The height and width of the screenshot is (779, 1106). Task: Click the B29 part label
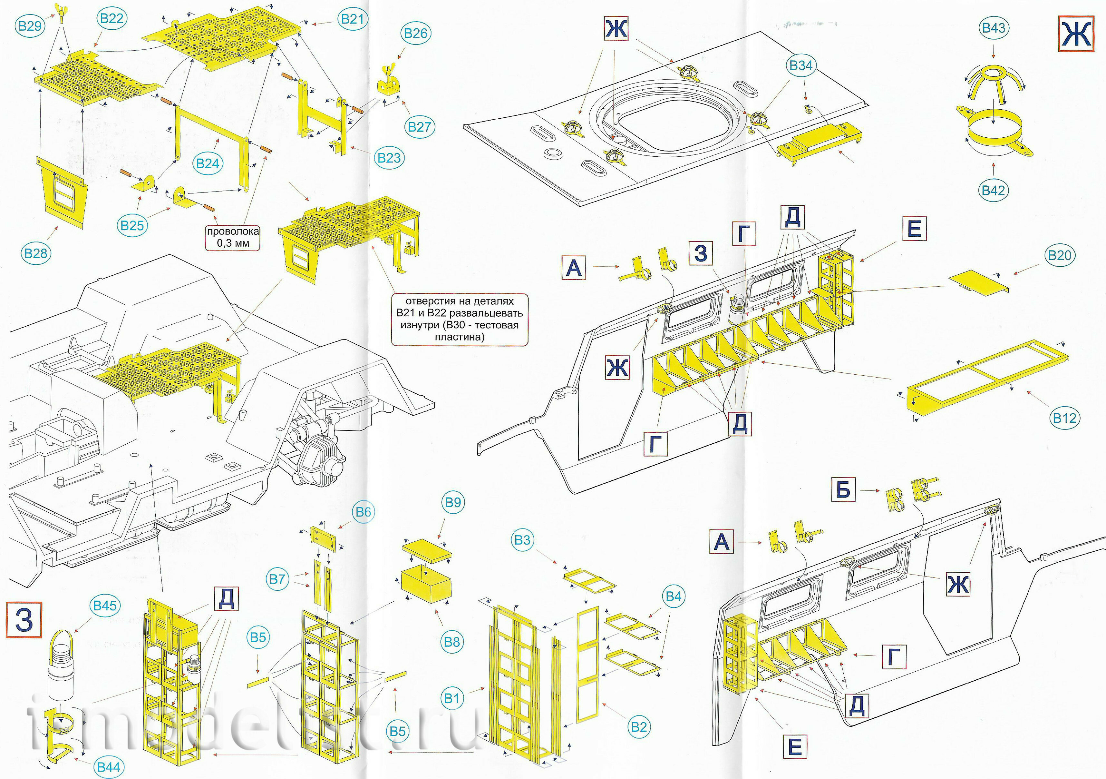tap(30, 25)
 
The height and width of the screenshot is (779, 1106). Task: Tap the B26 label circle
tap(415, 33)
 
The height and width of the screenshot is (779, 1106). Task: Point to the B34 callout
tap(800, 65)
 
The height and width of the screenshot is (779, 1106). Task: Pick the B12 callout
tap(1064, 418)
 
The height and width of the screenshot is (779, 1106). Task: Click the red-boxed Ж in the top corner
tap(1076, 34)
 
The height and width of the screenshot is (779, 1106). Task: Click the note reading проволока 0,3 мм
tap(233, 237)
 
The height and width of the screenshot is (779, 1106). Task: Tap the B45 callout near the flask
tap(105, 606)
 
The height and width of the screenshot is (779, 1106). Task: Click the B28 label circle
tap(36, 253)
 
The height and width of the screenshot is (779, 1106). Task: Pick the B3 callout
tap(522, 540)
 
